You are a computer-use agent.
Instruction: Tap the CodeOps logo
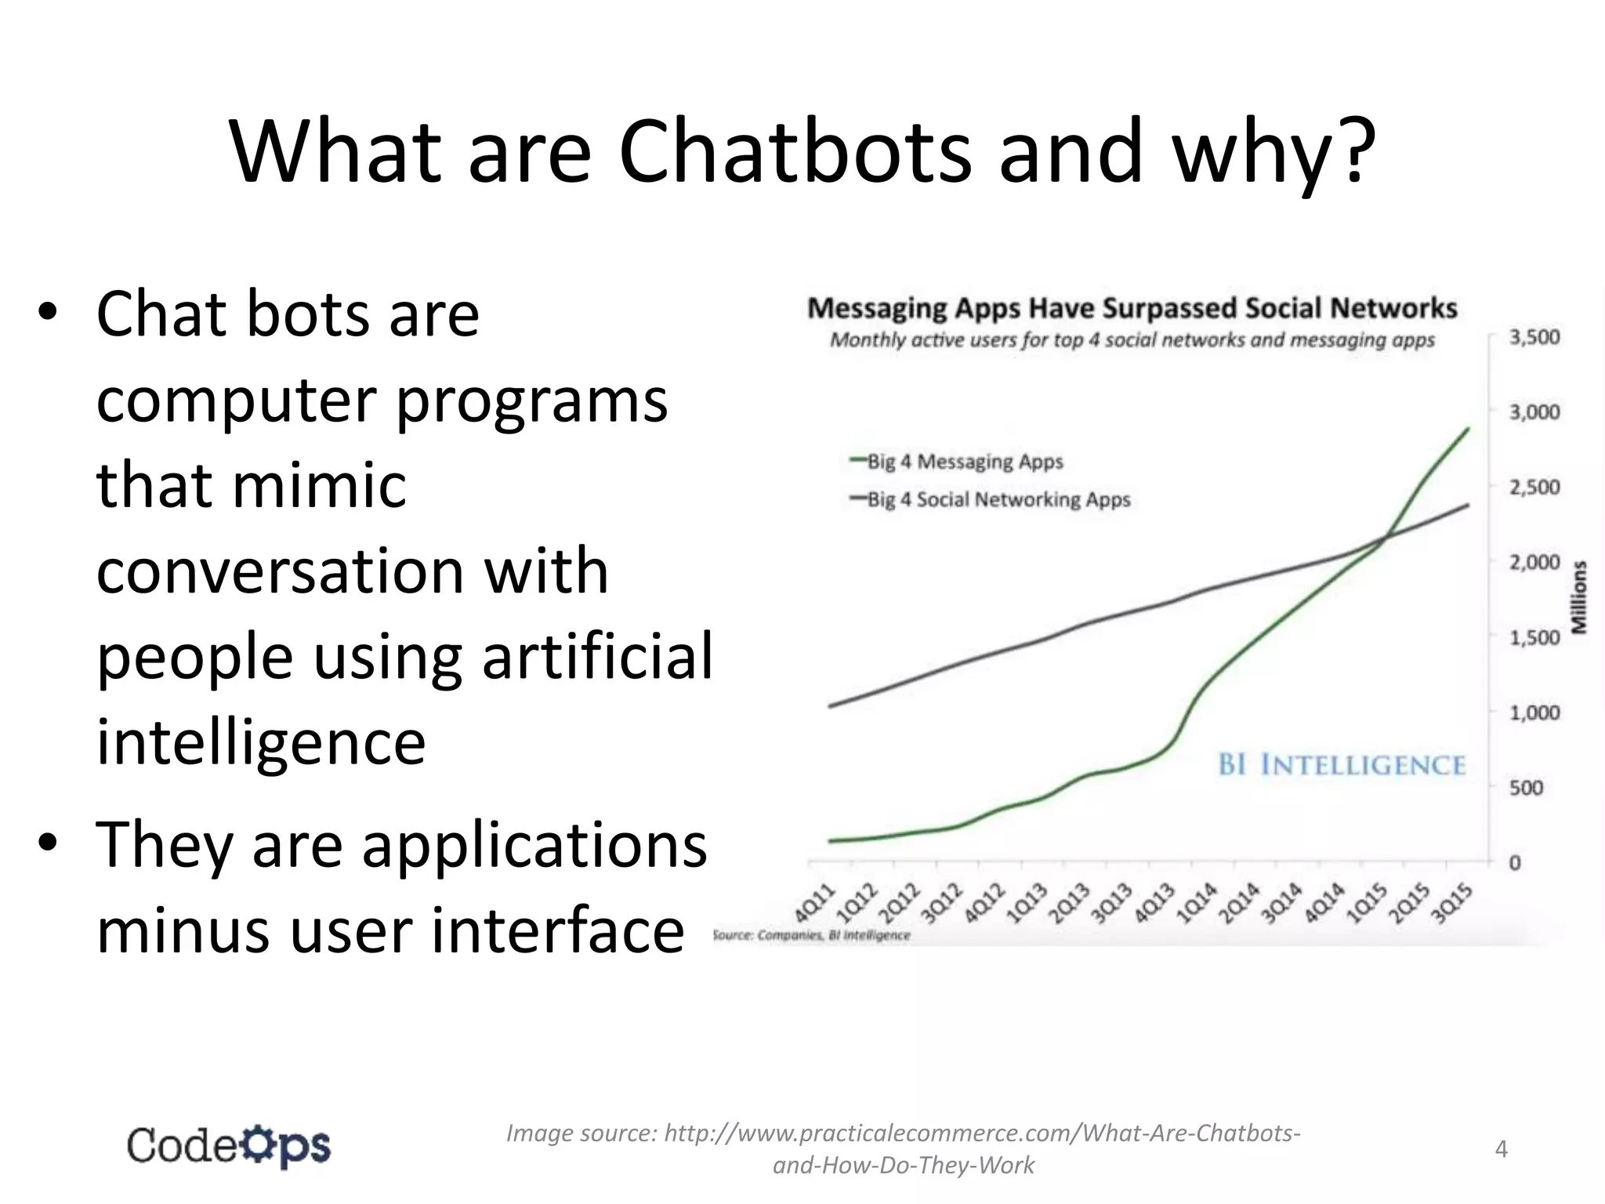pyautogui.click(x=229, y=1147)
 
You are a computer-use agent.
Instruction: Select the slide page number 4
pyautogui.click(x=1501, y=1148)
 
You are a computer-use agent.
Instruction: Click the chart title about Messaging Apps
pyautogui.click(x=1132, y=308)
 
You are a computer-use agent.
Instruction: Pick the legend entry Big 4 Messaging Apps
pyautogui.click(x=965, y=461)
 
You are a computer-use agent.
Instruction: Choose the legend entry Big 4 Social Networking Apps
pyautogui.click(x=998, y=499)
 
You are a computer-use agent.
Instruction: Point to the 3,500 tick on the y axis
pyautogui.click(x=1534, y=337)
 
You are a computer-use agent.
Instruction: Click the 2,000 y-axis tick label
pyautogui.click(x=1534, y=562)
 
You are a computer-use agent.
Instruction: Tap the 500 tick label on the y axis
pyautogui.click(x=1526, y=788)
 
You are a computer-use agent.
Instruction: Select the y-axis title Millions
pyautogui.click(x=1579, y=597)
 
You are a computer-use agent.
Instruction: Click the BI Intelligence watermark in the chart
pyautogui.click(x=1342, y=764)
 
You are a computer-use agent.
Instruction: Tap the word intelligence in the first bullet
pyautogui.click(x=261, y=742)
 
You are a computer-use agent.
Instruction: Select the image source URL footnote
pyautogui.click(x=903, y=1148)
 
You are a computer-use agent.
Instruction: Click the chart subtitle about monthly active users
pyautogui.click(x=1132, y=340)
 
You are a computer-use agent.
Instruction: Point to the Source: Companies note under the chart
pyautogui.click(x=812, y=935)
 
